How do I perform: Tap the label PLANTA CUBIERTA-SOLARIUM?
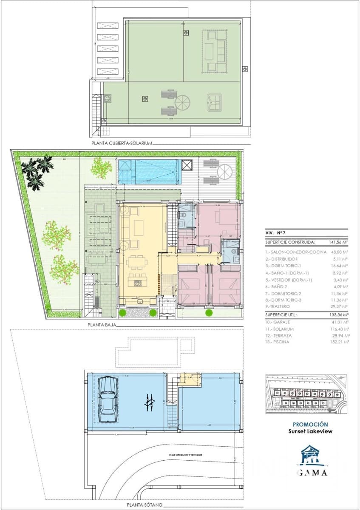pos(122,144)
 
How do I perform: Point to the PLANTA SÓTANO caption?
pos(145,504)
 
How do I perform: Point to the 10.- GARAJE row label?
pos(278,323)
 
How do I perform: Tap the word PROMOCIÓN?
pos(310,424)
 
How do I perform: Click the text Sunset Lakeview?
pos(310,431)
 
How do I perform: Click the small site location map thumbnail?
pos(306,394)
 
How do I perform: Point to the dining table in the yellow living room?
pos(137,262)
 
